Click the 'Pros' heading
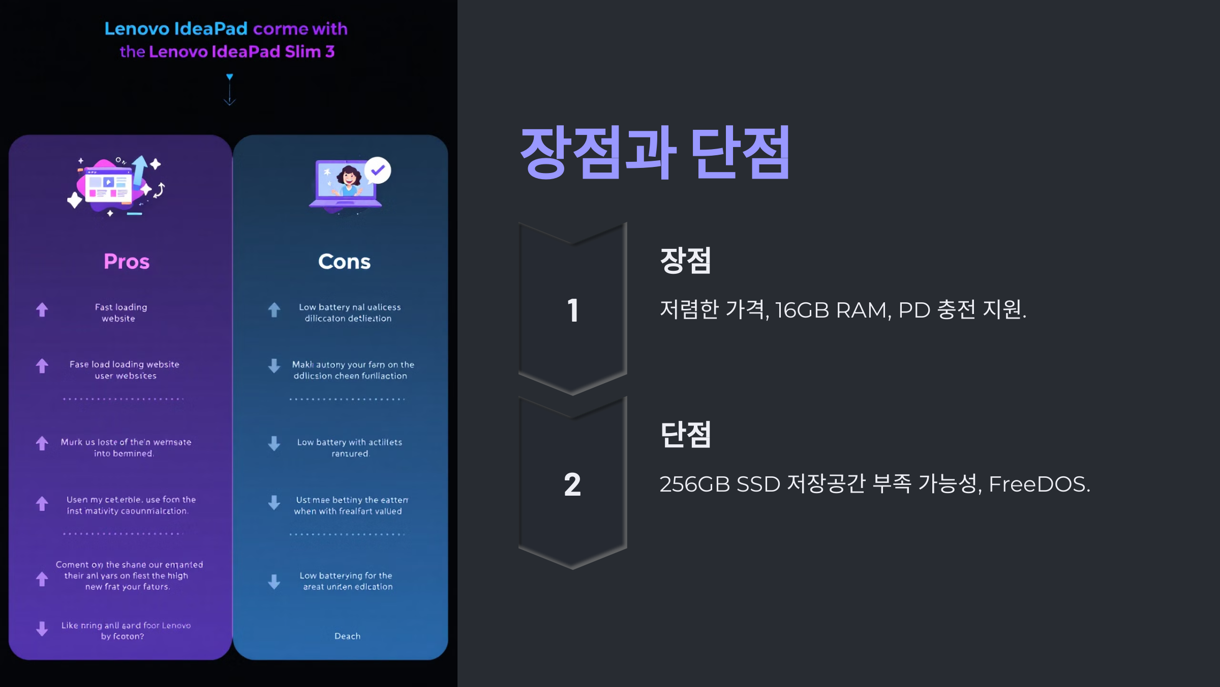coord(127,262)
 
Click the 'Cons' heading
coord(344,262)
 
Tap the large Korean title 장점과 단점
coord(655,153)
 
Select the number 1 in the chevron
coord(573,310)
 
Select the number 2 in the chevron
coord(572,484)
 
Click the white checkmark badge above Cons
coord(378,170)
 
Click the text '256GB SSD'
coord(719,484)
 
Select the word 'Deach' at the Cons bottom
coord(347,636)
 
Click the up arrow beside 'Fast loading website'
coord(42,309)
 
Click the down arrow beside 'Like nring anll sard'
coord(42,629)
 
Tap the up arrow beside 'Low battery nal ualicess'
coord(274,309)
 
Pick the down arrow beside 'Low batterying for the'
coord(274,581)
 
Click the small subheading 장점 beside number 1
coord(685,261)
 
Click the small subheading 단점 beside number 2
coord(685,435)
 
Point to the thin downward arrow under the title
coord(230,90)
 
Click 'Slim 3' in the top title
coord(310,51)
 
